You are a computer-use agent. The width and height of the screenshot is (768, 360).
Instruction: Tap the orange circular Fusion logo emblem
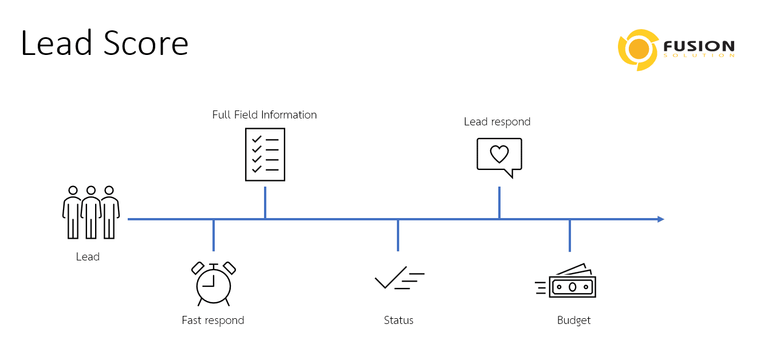click(637, 50)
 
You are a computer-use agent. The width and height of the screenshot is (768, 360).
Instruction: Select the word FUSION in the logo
click(698, 46)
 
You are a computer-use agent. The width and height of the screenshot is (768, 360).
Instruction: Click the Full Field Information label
click(264, 114)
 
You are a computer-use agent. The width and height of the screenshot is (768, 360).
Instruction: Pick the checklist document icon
click(265, 155)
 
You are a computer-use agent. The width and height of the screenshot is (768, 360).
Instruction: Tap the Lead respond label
click(497, 121)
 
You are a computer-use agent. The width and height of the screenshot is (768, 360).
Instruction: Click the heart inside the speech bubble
click(499, 153)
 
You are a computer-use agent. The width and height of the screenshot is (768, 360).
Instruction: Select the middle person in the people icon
click(90, 212)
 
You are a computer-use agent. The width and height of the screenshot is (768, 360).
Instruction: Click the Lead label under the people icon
click(88, 257)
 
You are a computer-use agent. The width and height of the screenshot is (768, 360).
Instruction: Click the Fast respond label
click(213, 321)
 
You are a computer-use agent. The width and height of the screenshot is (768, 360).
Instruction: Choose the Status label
click(399, 321)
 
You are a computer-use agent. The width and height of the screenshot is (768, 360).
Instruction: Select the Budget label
click(574, 321)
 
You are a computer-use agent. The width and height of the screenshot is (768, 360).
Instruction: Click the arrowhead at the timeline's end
click(660, 219)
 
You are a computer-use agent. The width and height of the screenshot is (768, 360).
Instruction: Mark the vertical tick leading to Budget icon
click(570, 236)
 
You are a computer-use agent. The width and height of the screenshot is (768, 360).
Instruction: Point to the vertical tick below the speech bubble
click(499, 203)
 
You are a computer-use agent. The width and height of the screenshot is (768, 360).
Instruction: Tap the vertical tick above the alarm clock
click(214, 235)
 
